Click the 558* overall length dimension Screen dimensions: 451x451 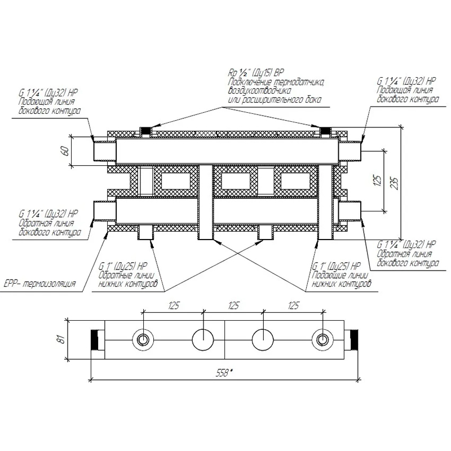point(224,373)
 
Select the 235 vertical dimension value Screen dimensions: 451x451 point(395,183)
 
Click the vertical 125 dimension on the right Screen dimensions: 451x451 point(378,180)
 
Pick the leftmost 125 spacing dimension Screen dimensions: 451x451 point(174,305)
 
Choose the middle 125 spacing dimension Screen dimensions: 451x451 point(233,305)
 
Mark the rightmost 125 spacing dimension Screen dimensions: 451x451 point(293,305)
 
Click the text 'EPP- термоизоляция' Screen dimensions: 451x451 point(40,284)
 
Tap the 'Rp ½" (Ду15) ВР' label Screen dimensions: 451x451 point(256,73)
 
